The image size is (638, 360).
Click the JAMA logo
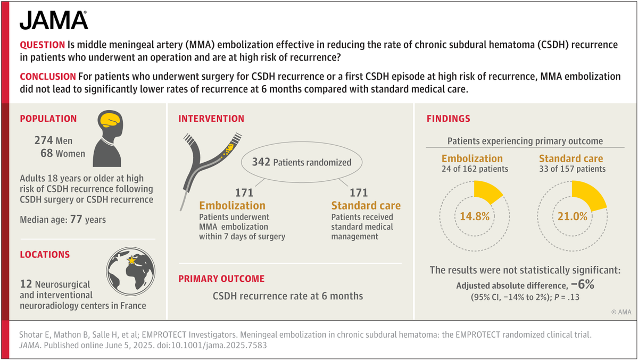coord(54,20)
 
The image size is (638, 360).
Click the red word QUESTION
coord(43,45)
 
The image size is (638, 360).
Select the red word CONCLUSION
coord(47,77)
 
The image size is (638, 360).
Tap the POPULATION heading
coord(48,119)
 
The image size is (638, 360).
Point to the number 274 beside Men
coord(44,140)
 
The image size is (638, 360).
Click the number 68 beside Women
coord(46,153)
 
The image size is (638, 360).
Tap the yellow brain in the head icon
coord(110,120)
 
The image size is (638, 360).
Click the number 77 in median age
coord(76,219)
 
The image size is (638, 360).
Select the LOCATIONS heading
coord(45,255)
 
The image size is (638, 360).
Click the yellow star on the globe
coord(132,260)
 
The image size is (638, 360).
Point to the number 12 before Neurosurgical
coord(26,284)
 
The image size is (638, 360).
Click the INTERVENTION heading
coord(211,119)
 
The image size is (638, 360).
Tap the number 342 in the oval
coord(261,162)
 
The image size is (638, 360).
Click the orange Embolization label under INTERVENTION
coord(232,205)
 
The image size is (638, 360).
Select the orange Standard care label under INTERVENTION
coord(366,205)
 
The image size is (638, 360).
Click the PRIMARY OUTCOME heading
coord(221,279)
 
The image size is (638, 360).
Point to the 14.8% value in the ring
coord(475,216)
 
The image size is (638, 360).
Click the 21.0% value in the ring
coord(572,216)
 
